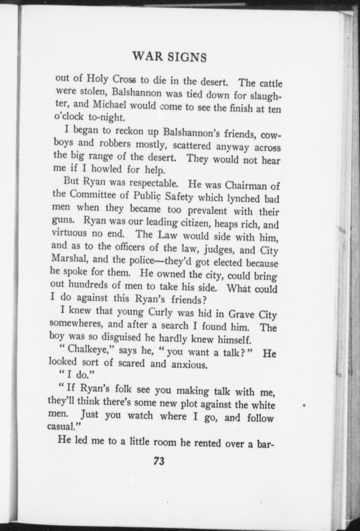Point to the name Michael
point(109,105)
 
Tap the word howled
point(106,169)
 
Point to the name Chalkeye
point(88,350)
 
